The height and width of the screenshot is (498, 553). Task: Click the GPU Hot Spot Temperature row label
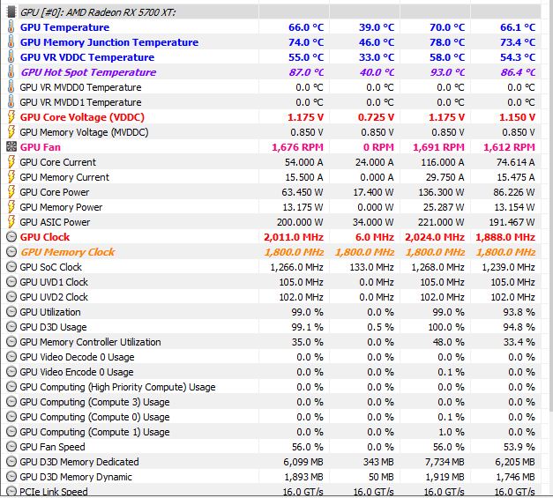(x=87, y=72)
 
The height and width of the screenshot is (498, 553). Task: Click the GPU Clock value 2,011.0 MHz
(x=293, y=237)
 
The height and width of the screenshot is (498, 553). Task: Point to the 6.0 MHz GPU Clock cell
(x=377, y=237)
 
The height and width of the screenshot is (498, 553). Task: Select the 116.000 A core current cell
(x=440, y=162)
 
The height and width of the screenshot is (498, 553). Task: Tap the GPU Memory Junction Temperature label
(x=108, y=42)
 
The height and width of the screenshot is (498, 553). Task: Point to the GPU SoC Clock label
(x=50, y=267)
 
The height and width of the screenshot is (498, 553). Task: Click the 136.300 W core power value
(x=440, y=192)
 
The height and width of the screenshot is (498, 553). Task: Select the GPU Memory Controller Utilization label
(x=90, y=342)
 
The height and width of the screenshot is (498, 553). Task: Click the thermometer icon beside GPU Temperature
(x=11, y=27)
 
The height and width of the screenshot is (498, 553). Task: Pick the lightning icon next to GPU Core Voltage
(x=11, y=117)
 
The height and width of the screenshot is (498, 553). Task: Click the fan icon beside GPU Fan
(x=11, y=147)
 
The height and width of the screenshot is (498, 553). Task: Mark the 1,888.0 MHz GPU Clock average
(x=504, y=237)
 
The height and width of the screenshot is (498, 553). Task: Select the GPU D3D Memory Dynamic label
(x=76, y=477)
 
